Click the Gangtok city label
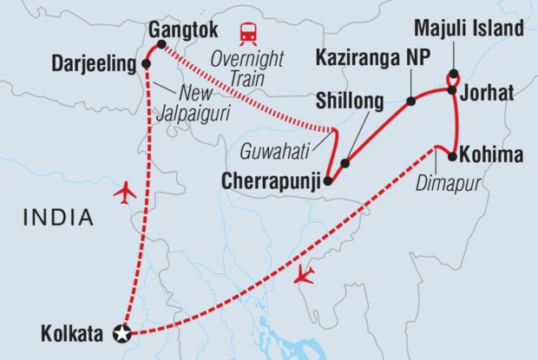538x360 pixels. [x=183, y=28]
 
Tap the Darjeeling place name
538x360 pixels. [x=94, y=63]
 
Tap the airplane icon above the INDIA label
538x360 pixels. [x=126, y=193]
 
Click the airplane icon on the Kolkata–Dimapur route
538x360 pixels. [x=305, y=276]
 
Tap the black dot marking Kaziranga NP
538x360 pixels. [x=411, y=101]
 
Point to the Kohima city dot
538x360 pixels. [x=452, y=156]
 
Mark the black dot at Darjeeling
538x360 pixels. [x=146, y=64]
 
